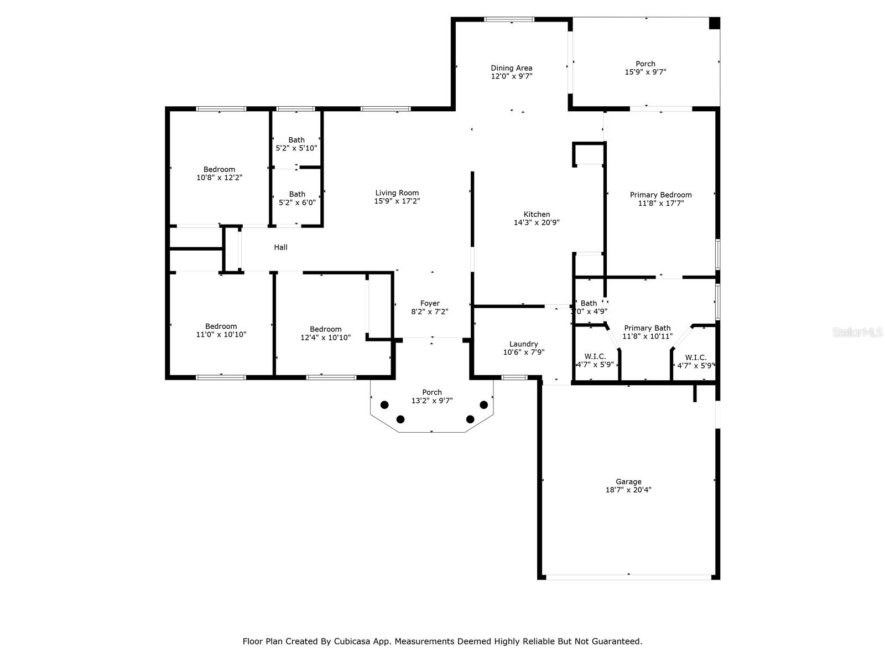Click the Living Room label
coord(397,193)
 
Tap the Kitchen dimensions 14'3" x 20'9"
coord(537,222)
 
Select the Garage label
coord(628,481)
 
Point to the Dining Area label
coord(511,68)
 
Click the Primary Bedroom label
coord(660,195)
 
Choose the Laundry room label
coord(523,344)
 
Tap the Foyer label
coord(430,303)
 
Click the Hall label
coord(280,247)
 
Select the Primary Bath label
coord(647,328)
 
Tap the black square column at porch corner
coord(714,23)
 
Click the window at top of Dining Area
coord(509,19)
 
